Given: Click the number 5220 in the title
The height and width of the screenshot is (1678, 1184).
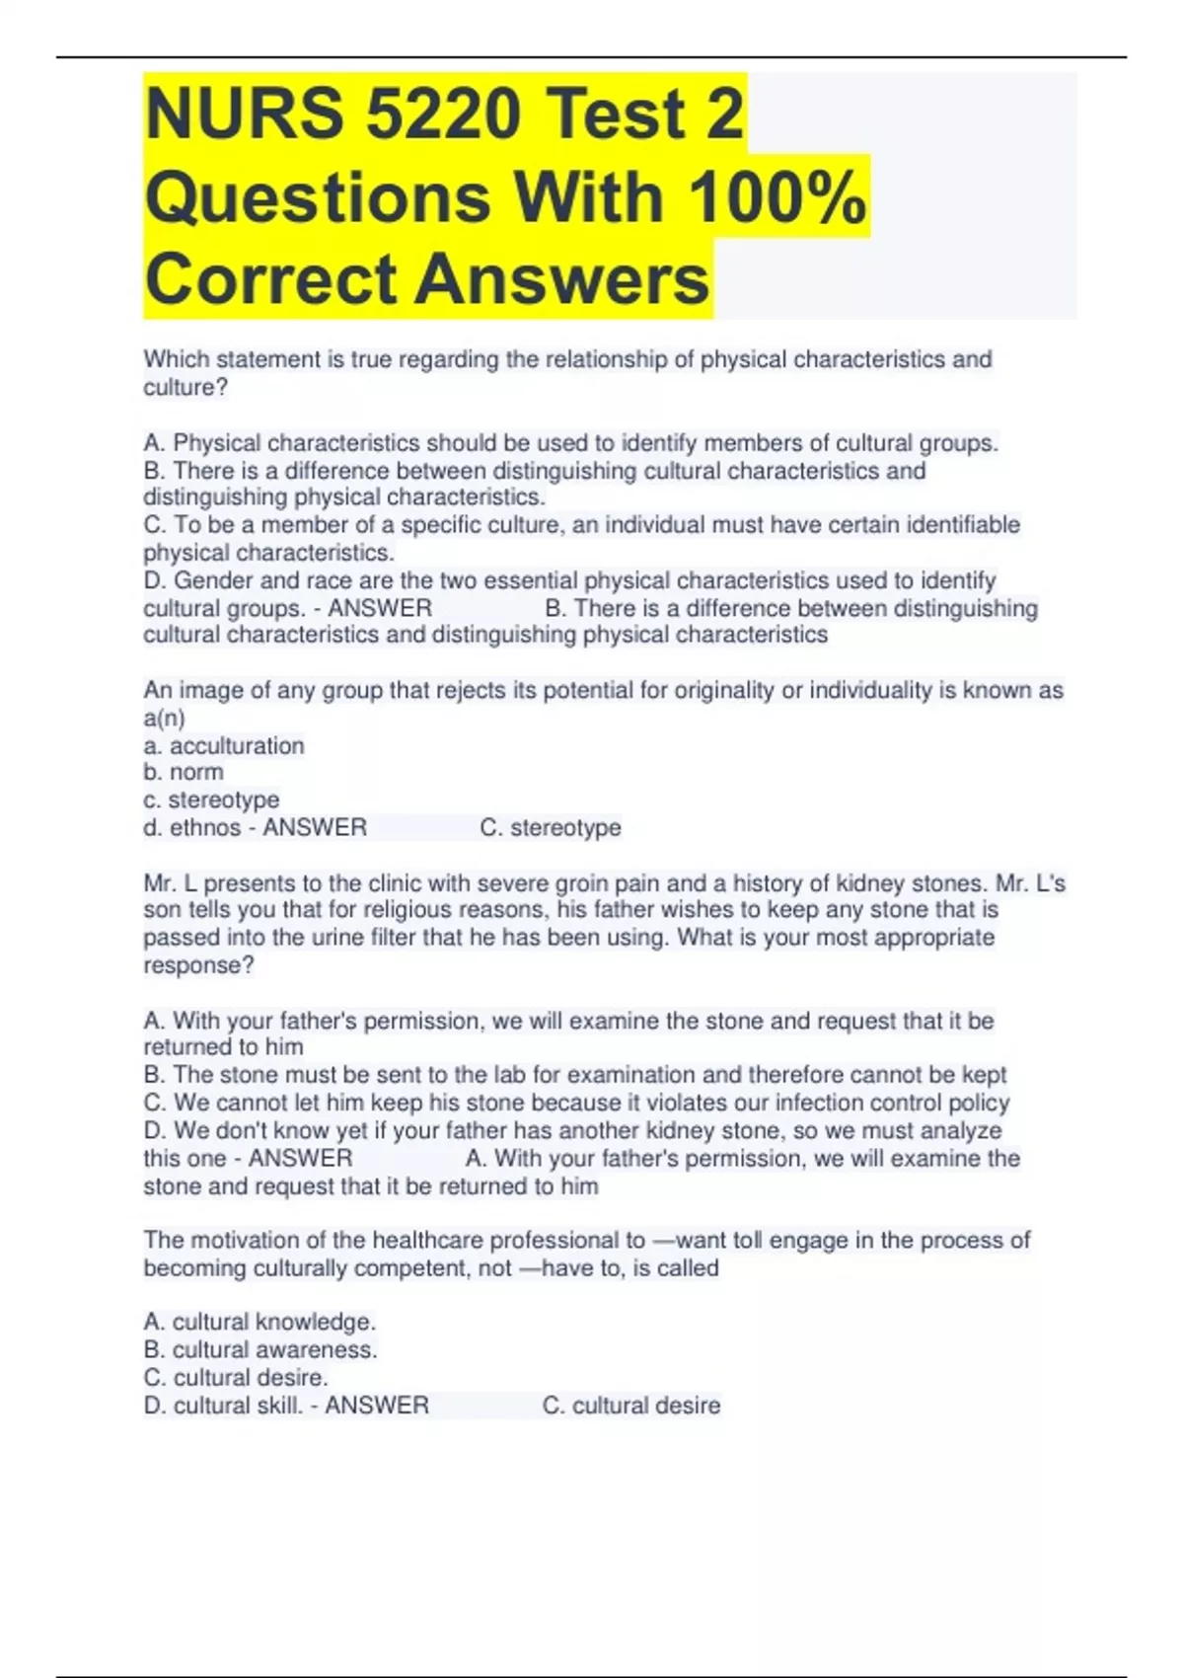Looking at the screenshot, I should (442, 114).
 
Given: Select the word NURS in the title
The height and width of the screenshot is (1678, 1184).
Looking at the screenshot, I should (245, 114).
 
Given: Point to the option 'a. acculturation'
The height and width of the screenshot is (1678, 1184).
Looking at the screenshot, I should (224, 745).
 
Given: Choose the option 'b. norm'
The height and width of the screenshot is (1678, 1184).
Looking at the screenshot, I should (184, 772).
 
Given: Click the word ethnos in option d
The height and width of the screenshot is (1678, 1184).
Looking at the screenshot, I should (205, 827).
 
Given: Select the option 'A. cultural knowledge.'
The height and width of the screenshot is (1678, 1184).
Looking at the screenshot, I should (259, 1322).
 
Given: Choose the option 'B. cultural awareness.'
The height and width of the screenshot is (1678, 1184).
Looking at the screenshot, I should (260, 1349).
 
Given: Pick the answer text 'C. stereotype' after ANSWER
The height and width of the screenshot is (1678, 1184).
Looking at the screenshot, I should (551, 827).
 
